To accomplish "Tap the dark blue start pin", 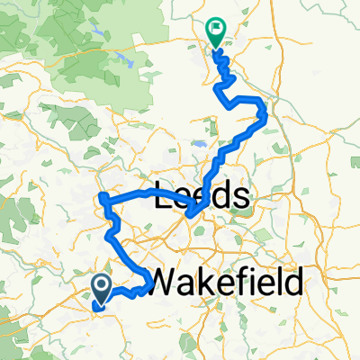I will pos(102,288).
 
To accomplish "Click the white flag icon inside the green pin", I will pos(216,28).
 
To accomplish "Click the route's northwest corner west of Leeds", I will pos(103,196).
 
